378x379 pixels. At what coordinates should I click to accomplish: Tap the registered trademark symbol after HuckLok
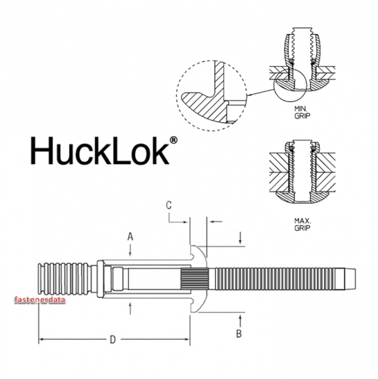point(173,141)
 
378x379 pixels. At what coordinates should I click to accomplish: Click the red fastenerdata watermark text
point(38,300)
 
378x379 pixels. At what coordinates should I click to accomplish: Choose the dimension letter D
point(112,339)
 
